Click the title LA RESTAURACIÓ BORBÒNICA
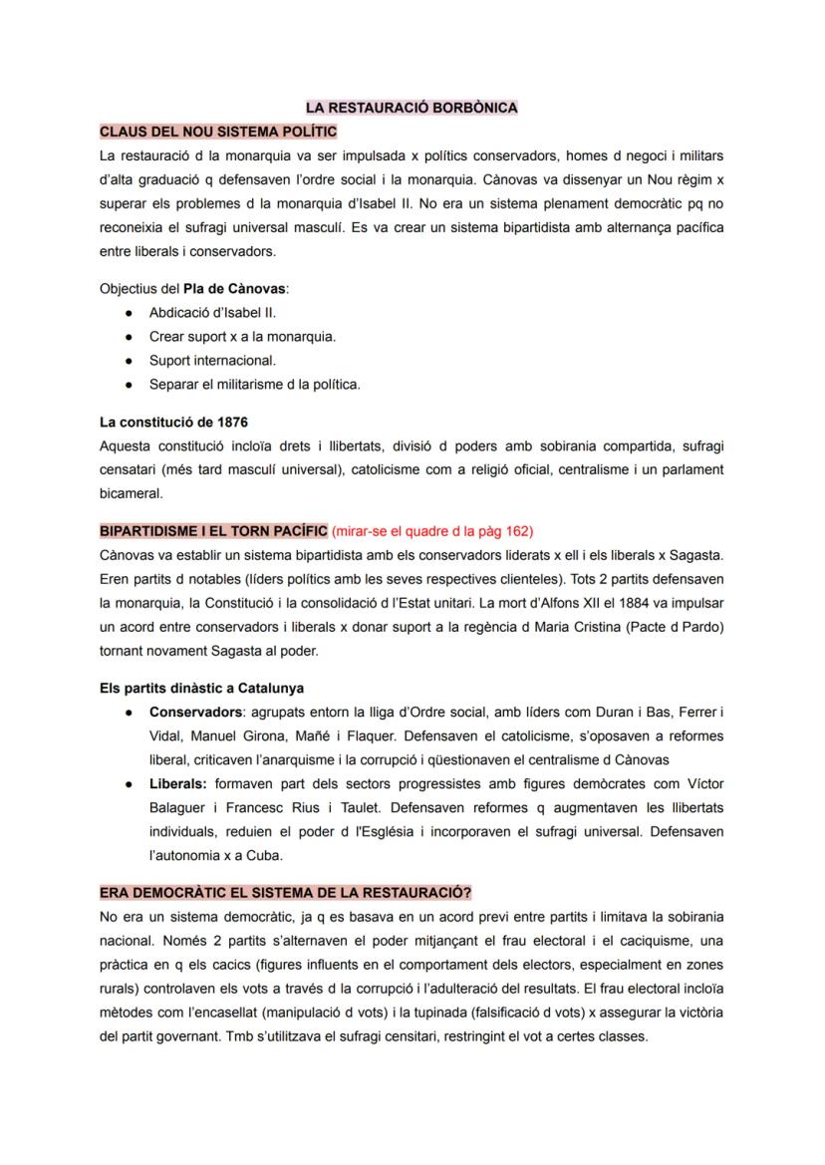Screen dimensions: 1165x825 point(412,108)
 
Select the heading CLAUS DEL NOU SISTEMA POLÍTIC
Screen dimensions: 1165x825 point(218,132)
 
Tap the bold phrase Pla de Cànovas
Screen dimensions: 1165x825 point(234,289)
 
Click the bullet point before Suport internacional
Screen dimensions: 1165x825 point(129,361)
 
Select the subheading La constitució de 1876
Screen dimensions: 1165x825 point(174,423)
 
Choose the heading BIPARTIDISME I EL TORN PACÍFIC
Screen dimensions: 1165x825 point(213,531)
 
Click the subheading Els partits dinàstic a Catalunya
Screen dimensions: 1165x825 point(202,688)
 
